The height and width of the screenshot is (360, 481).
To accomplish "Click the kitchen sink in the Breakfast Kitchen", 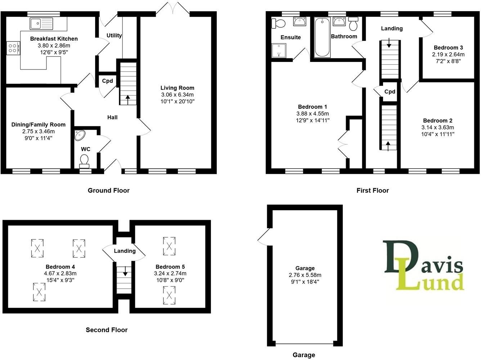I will pos(42,23).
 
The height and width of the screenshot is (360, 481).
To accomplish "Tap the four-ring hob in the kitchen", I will pos(13,48).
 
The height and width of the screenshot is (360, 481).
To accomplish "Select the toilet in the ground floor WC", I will pos(84,161).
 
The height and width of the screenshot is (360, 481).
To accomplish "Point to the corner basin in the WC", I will pos(80,135).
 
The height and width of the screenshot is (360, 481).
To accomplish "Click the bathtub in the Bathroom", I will pos(322,37).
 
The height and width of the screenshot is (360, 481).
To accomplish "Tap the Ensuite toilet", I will pos(279,23).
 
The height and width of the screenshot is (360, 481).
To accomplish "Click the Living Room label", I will pos(177,88).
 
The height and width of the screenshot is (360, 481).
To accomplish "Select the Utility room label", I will pos(114,35).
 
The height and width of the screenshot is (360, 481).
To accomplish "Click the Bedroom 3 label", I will pos(448,48).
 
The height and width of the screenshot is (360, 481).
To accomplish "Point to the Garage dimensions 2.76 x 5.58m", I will pos(305,275).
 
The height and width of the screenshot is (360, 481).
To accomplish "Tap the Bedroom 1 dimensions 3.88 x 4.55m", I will pos(313,114).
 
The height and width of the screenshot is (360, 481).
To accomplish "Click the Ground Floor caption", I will pos(108,190).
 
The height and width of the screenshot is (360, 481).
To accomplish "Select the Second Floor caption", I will pos(107,330).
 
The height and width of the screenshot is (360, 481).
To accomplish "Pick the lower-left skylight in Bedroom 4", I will pos(39,292).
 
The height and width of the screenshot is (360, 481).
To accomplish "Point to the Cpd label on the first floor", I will pos(390,91).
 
